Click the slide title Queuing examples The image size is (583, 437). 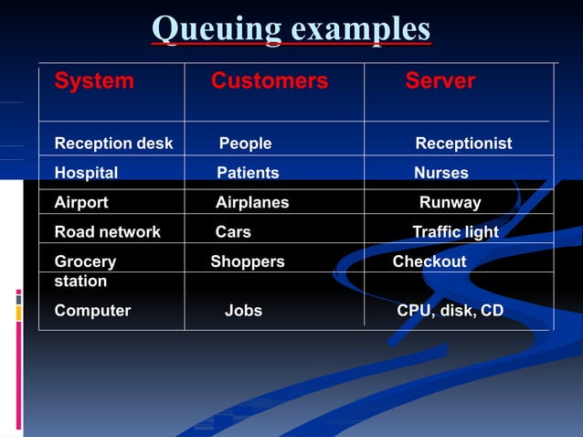coord(291,28)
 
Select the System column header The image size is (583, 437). coord(94,81)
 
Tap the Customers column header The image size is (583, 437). coord(269,81)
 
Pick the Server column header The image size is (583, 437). coord(440,81)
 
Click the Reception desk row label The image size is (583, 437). coord(113,144)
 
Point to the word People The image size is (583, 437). coord(245,144)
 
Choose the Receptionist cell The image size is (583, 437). coord(463,144)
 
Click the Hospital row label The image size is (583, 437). coord(86,173)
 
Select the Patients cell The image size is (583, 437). coord(248,173)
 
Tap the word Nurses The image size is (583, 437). coord(440,173)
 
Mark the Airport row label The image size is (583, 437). coord(81,203)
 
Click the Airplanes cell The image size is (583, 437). coord(252,203)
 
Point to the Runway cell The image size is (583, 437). coord(450,203)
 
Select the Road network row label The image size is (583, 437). coord(107,232)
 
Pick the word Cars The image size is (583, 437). coord(233,232)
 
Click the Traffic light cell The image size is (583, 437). coord(455,232)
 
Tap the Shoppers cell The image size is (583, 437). coord(248,261)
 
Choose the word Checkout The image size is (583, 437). coord(429,261)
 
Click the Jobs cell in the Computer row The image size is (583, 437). coord(243,311)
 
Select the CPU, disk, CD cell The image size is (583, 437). coord(450,311)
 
